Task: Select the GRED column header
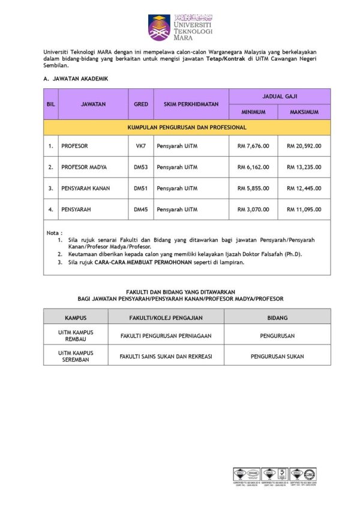click(x=141, y=104)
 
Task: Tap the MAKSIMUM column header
click(x=304, y=112)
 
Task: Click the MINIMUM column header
click(x=253, y=112)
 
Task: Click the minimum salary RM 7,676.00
click(x=253, y=145)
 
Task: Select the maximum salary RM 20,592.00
click(x=304, y=145)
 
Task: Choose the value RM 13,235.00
click(x=304, y=167)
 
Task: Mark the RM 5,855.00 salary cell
click(x=253, y=188)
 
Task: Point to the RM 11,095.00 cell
click(x=304, y=209)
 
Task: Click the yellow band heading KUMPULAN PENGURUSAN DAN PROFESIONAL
click(x=187, y=127)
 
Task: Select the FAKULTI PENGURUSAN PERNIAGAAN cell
click(x=166, y=336)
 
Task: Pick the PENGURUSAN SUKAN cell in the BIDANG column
click(x=277, y=357)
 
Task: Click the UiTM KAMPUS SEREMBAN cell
click(x=76, y=357)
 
